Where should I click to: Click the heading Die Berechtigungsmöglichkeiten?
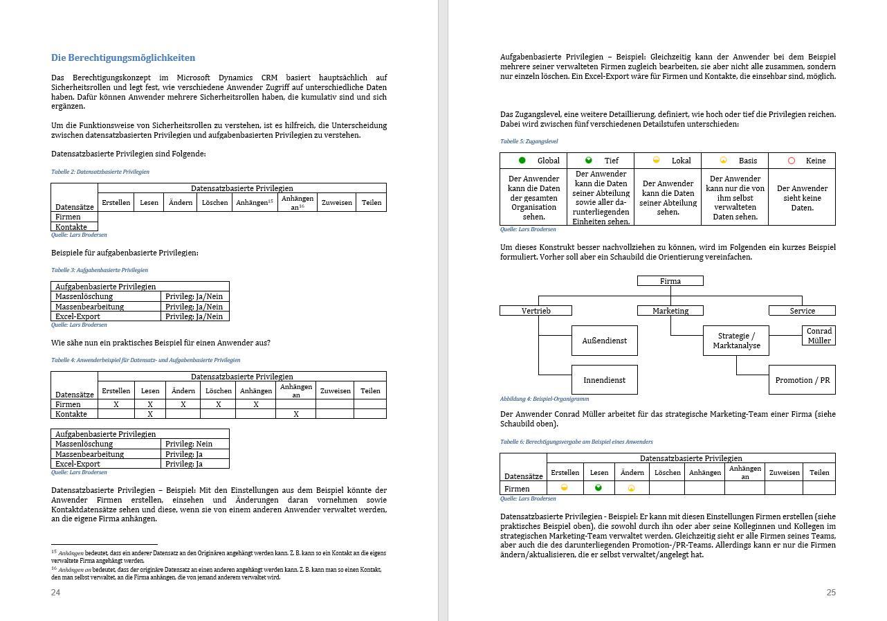123,58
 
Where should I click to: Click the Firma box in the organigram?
670,281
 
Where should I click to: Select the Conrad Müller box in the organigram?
819,336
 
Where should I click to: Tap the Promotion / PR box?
802,380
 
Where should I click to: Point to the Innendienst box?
604,380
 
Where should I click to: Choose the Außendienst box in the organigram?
604,341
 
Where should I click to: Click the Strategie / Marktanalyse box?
736,341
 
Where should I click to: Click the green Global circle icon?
522,161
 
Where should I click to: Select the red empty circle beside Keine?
792,161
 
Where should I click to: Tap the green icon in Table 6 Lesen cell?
598,488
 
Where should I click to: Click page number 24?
55,593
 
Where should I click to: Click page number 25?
831,593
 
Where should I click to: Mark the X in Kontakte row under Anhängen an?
295,414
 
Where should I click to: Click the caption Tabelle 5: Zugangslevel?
529,141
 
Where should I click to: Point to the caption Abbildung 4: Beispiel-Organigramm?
545,399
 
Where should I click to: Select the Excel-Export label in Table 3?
77,316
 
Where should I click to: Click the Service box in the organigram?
802,311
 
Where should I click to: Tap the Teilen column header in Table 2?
371,203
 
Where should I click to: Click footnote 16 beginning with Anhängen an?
216,573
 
